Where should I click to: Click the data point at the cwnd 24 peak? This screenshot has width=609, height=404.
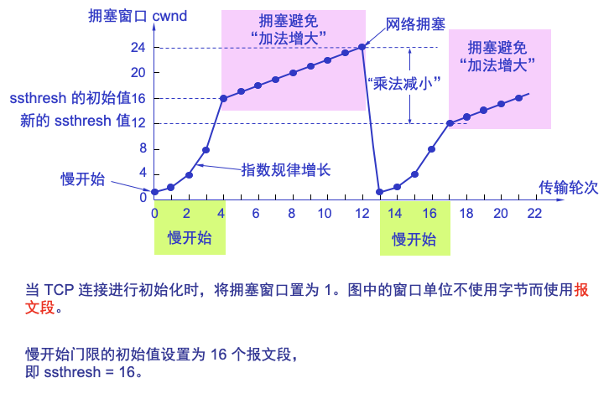pyautogui.click(x=362, y=47)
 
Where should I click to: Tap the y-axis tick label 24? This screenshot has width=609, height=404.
pyautogui.click(x=138, y=48)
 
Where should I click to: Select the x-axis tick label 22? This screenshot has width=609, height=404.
pyautogui.click(x=534, y=214)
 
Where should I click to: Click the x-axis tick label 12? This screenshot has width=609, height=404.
pyautogui.click(x=362, y=214)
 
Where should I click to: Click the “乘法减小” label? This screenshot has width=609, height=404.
pyautogui.click(x=404, y=84)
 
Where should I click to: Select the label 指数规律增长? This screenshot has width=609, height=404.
pyautogui.click(x=285, y=170)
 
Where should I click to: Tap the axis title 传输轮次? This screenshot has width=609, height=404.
pyautogui.click(x=569, y=187)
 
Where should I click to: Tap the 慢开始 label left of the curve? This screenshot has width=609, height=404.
pyautogui.click(x=81, y=179)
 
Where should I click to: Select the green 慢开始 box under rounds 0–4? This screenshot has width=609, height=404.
pyautogui.click(x=190, y=238)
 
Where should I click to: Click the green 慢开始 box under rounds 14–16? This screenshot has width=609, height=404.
pyautogui.click(x=414, y=239)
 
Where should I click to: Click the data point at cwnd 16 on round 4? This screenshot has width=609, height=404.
pyautogui.click(x=223, y=99)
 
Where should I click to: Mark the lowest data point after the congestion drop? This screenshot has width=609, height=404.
pyautogui.click(x=379, y=192)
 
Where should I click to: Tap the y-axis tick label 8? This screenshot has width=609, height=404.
pyautogui.click(x=143, y=148)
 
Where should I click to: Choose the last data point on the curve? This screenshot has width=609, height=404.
pyautogui.click(x=518, y=98)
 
